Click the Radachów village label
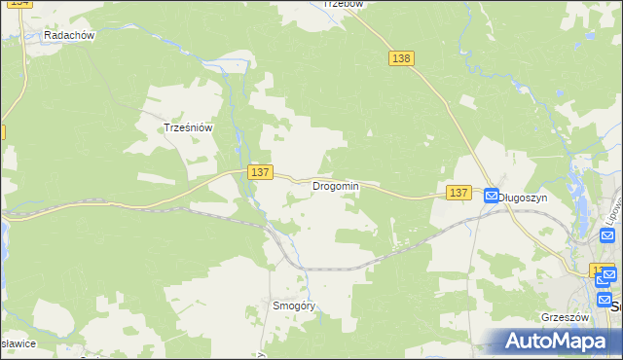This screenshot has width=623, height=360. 68,36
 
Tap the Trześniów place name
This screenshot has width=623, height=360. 188,127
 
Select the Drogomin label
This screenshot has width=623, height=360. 336,186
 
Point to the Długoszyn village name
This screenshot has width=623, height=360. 524,197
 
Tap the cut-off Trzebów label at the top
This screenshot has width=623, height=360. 343,4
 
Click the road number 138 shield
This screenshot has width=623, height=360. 401,58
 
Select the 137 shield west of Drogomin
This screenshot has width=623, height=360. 258,172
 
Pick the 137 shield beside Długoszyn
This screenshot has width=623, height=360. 459,194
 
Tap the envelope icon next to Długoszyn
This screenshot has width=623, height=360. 492,196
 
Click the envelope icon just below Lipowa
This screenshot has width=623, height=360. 608,275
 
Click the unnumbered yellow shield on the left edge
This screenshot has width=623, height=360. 2,131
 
